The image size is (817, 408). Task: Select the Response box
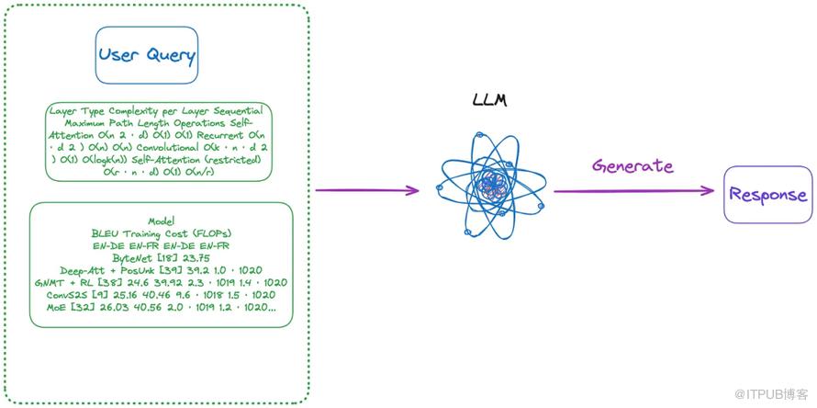(767, 194)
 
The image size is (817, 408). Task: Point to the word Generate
(632, 166)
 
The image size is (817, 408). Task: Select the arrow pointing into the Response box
(633, 191)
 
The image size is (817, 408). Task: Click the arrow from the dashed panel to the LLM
(367, 190)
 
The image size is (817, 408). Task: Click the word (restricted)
(234, 159)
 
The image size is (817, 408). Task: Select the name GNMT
(51, 282)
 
